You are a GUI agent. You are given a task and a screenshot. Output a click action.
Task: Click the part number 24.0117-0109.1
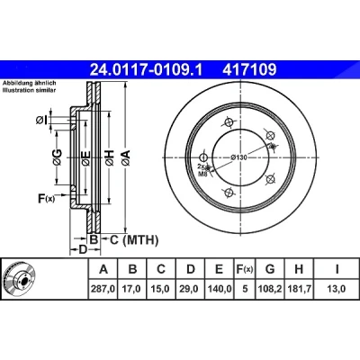pyautogui.click(x=147, y=69)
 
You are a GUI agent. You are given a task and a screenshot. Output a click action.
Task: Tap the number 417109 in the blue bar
pyautogui.click(x=249, y=69)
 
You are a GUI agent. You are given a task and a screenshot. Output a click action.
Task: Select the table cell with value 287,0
pyautogui.click(x=103, y=289)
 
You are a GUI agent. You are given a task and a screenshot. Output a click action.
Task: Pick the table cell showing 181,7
pyautogui.click(x=299, y=289)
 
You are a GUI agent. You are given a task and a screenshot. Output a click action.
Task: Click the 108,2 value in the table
pyautogui.click(x=270, y=289)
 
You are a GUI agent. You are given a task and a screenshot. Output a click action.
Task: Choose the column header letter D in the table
pyautogui.click(x=191, y=269)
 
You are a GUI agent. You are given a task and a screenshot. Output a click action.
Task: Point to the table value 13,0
pyautogui.click(x=337, y=289)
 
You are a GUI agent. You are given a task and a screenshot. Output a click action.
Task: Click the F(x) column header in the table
pyautogui.click(x=245, y=269)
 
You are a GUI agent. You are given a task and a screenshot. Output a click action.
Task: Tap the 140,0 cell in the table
pyautogui.click(x=220, y=289)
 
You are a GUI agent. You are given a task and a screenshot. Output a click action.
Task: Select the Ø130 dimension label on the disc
pyautogui.click(x=239, y=157)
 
